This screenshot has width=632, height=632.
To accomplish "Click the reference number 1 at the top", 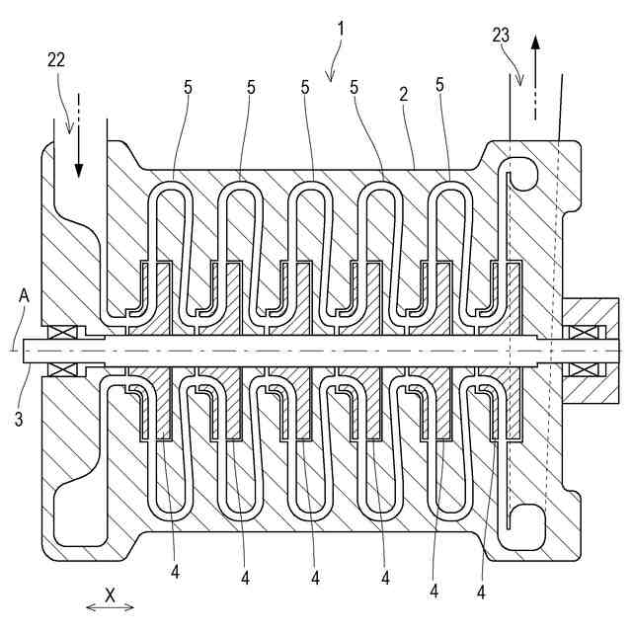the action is [340, 28].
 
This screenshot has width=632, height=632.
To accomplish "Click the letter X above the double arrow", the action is [111, 595].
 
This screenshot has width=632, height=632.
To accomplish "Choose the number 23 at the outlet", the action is [501, 35].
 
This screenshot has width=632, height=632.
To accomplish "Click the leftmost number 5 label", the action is [187, 87].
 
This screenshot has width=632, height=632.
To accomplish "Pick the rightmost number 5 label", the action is [438, 87].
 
